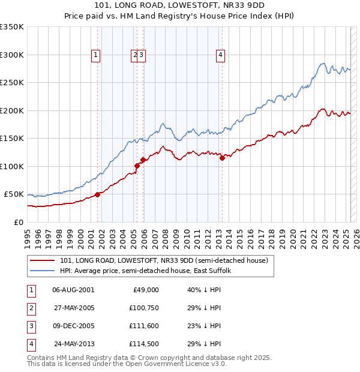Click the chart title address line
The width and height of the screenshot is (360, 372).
point(180,5)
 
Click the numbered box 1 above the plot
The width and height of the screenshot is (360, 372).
point(96,55)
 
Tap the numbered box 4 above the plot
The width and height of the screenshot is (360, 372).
point(221,55)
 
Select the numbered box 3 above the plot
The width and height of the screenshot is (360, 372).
point(142,55)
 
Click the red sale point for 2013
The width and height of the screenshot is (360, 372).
point(222,158)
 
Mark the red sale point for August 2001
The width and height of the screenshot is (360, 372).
point(97,194)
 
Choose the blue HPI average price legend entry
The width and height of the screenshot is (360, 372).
point(149,271)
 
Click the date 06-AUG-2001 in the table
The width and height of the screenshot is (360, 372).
point(73,290)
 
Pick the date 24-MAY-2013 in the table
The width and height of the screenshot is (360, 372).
point(73,344)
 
